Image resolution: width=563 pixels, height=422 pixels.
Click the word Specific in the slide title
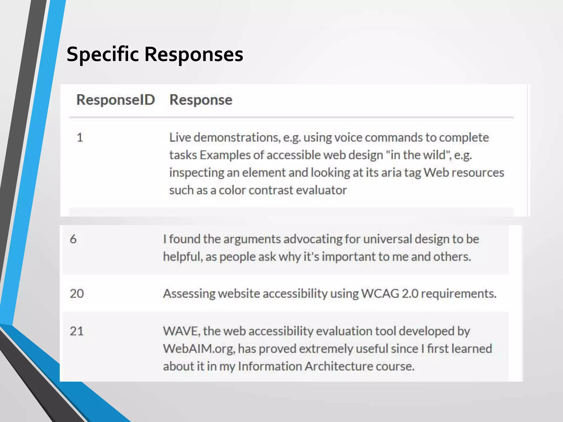pyautogui.click(x=103, y=54)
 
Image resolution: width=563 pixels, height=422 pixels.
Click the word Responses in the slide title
pyautogui.click(x=194, y=54)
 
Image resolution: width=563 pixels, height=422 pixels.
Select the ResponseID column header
pyautogui.click(x=115, y=100)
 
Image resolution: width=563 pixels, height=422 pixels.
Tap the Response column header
pyautogui.click(x=201, y=100)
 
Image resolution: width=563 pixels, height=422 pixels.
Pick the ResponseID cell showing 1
pyautogui.click(x=80, y=137)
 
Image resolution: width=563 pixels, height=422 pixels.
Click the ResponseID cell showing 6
pyautogui.click(x=73, y=239)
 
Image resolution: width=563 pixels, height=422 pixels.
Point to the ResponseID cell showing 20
pyautogui.click(x=77, y=293)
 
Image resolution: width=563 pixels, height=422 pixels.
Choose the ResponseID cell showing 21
pyautogui.click(x=76, y=331)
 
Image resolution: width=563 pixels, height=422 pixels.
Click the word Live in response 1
pyautogui.click(x=180, y=137)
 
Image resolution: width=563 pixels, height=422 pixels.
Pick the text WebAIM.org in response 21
pyautogui.click(x=199, y=349)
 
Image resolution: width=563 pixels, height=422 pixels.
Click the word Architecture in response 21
pyautogui.click(x=339, y=367)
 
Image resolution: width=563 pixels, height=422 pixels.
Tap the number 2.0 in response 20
pyautogui.click(x=410, y=293)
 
